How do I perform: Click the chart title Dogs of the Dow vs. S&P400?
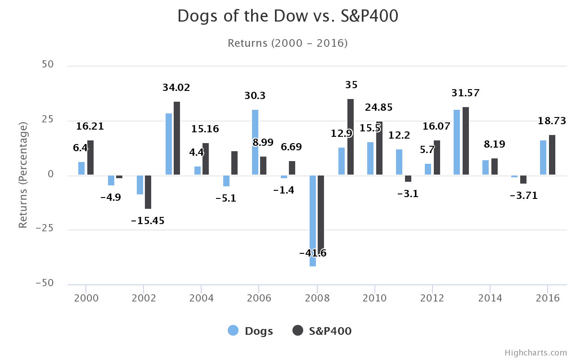pos(288,16)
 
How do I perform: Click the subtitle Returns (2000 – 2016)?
pos(288,43)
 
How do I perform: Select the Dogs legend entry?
pos(251,331)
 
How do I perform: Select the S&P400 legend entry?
pos(322,331)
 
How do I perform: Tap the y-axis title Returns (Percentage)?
pos(23,175)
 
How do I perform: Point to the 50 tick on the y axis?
pos(48,64)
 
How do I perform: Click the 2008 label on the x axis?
pos(317,298)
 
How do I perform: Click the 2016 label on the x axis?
pos(547,298)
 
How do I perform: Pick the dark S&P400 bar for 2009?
pos(350,137)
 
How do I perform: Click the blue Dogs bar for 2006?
pos(255,142)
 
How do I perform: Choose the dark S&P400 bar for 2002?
pos(148,192)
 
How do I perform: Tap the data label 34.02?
pos(176,88)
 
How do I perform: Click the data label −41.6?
pos(313,253)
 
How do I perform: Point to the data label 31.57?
pos(465,93)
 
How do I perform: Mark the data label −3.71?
pos(523,196)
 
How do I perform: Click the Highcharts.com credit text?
pos(535,352)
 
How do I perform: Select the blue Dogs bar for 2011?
pos(399,162)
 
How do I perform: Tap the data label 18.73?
pos(552,121)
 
